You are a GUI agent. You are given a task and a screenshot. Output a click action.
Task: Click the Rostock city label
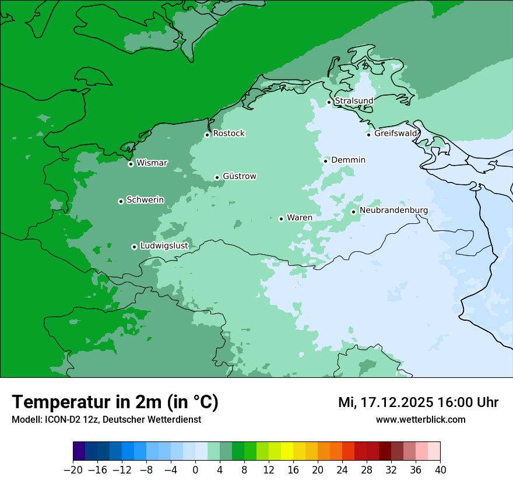(229, 134)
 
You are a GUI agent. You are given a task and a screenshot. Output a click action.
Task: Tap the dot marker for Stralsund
(329, 102)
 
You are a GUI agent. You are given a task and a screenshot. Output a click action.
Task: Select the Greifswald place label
(395, 134)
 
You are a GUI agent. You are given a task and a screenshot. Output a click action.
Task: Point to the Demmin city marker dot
(325, 161)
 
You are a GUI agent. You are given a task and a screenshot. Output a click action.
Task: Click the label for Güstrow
(239, 176)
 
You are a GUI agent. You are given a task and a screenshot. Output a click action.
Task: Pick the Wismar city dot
(131, 164)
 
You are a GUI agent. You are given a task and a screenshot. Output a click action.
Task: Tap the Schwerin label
(145, 200)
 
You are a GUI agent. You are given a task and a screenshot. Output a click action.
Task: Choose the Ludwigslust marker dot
(134, 247)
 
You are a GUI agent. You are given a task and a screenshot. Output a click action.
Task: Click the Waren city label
(299, 218)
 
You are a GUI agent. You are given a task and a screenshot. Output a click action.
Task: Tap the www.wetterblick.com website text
(420, 419)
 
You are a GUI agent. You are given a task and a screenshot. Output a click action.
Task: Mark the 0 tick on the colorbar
(195, 470)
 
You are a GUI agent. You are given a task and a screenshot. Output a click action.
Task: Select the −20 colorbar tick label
(73, 470)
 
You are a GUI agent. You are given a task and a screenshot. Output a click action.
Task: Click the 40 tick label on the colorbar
(440, 470)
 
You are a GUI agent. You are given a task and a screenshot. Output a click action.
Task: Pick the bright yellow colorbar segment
(287, 451)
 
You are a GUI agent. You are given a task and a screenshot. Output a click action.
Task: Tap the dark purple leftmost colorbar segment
(79, 451)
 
